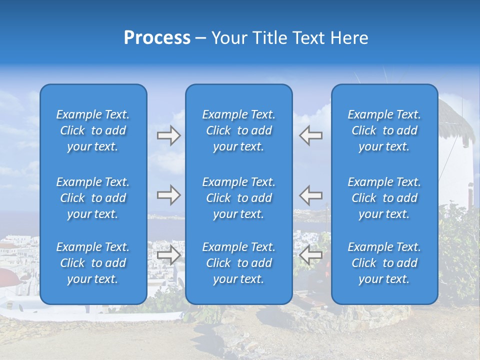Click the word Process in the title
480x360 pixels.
pyautogui.click(x=157, y=38)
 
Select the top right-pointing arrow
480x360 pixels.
pyautogui.click(x=169, y=135)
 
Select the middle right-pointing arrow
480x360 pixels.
pyautogui.click(x=169, y=195)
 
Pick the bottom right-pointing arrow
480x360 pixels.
pyautogui.click(x=169, y=255)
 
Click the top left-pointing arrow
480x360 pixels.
pyautogui.click(x=310, y=135)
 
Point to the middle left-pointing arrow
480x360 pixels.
pyautogui.click(x=310, y=195)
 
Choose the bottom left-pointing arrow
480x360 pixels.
pyautogui.click(x=310, y=255)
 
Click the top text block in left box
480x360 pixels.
pyautogui.click(x=93, y=130)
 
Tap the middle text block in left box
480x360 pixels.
pyautogui.click(x=93, y=198)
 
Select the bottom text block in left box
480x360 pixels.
pyautogui.click(x=93, y=263)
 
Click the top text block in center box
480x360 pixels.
pyautogui.click(x=238, y=130)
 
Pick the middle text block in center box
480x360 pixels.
pyautogui.click(x=238, y=198)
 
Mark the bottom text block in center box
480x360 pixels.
pyautogui.click(x=238, y=263)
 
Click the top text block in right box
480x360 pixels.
pyautogui.click(x=384, y=130)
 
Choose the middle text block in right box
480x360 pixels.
pyautogui.click(x=384, y=198)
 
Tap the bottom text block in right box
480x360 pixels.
pyautogui.click(x=384, y=263)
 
